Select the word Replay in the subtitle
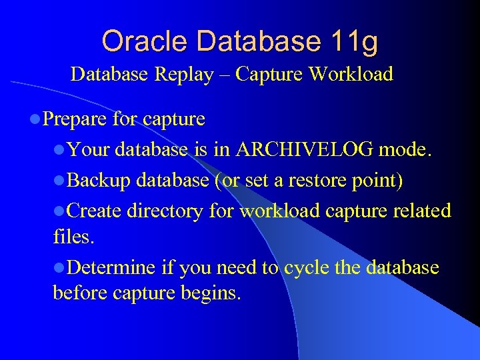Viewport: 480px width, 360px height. coord(184,74)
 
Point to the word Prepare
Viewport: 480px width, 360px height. coord(74,119)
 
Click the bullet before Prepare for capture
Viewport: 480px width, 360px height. coord(35,120)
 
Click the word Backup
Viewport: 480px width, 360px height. coord(97,181)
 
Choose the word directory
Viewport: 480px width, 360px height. coord(165,211)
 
